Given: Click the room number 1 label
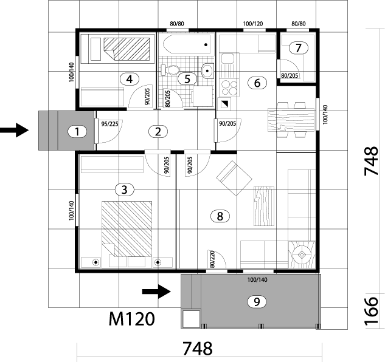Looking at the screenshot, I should (x=77, y=131).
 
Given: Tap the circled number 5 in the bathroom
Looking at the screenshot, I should (x=187, y=78).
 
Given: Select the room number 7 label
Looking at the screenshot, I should (x=296, y=47).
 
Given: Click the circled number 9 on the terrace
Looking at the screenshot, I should (x=256, y=301).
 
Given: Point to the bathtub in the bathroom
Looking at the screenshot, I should (x=187, y=44).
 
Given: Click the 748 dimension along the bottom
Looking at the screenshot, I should (x=197, y=349).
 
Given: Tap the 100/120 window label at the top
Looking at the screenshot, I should (x=252, y=24).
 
